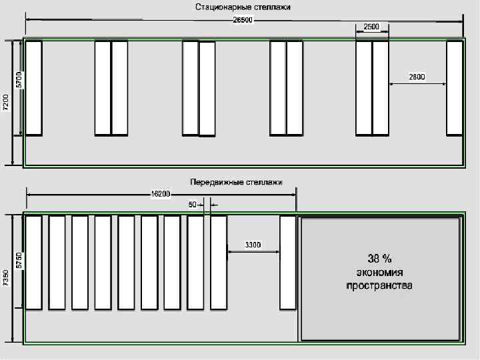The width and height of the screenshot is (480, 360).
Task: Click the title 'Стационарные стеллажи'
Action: tap(243, 7)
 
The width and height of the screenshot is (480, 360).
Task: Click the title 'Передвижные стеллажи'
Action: tap(236, 181)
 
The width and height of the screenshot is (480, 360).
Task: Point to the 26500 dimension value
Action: tap(243, 20)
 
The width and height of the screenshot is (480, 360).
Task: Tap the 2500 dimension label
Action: tap(371, 27)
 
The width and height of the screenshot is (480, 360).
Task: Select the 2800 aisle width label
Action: tap(417, 77)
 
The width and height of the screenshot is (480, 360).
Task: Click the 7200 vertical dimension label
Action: tap(6, 103)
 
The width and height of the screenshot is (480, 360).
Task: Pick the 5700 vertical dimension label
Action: tap(19, 81)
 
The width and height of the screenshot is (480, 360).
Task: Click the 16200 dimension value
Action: tap(160, 194)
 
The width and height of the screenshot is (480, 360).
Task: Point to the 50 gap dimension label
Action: tap(193, 205)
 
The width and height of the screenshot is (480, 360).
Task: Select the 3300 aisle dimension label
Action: tap(253, 245)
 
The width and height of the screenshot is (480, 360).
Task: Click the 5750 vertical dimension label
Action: tap(19, 260)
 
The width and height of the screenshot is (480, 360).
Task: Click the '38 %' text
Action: tap(379, 258)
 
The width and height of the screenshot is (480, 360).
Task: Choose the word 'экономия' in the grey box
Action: tap(379, 272)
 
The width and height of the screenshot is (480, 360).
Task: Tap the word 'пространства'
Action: tap(379, 286)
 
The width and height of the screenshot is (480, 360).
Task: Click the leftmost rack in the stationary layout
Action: tap(33, 88)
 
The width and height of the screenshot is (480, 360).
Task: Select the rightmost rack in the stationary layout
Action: tap(454, 88)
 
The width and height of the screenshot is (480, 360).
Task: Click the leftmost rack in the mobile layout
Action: tap(33, 263)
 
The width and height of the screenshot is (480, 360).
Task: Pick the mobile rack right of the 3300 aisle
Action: tap(287, 263)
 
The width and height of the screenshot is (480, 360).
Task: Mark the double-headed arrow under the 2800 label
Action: tap(417, 84)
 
